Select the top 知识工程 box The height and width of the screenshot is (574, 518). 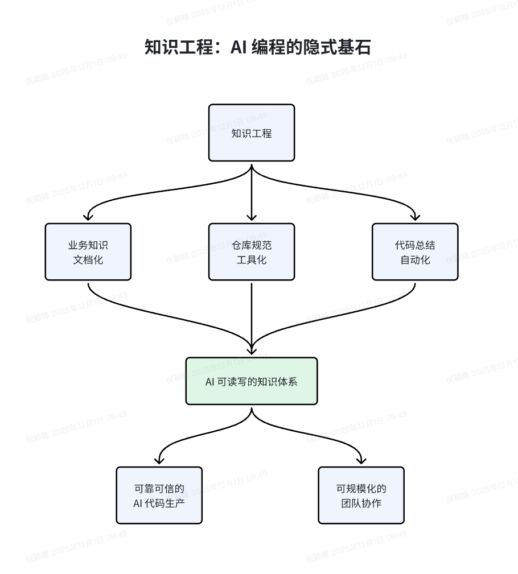[x=252, y=133]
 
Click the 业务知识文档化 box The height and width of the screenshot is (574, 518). [x=88, y=252]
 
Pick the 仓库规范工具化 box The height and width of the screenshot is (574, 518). [x=252, y=252]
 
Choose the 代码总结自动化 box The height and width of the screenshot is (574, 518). [x=415, y=252]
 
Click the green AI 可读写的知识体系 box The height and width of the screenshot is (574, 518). [x=252, y=381]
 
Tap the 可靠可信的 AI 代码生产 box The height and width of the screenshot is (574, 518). [x=159, y=495]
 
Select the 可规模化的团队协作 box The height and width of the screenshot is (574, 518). [x=361, y=495]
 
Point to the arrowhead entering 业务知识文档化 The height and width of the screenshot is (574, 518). [x=88, y=217]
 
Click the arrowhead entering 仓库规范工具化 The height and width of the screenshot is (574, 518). [x=252, y=217]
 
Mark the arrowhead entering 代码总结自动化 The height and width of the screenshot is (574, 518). [x=415, y=217]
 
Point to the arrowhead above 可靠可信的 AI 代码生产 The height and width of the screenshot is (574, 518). [x=159, y=460]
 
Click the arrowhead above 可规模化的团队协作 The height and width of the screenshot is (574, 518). [x=361, y=460]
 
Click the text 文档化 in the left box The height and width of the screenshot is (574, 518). [x=88, y=260]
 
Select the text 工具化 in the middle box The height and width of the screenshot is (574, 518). [x=252, y=260]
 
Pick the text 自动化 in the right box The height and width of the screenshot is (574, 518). [x=415, y=260]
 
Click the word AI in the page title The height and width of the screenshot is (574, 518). [x=237, y=47]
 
